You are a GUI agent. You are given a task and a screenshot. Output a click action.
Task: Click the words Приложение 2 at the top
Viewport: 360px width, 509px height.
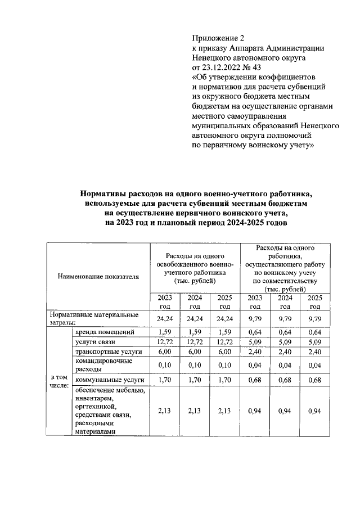coord(218,39)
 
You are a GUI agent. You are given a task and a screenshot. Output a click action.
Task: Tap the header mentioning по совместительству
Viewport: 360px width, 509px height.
coord(285,268)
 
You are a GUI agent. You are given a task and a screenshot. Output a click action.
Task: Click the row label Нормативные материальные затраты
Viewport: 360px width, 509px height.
coord(93,318)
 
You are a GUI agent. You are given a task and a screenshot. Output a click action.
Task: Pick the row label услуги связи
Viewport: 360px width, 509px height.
coord(91,342)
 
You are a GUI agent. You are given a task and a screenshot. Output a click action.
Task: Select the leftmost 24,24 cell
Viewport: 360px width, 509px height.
coord(164,318)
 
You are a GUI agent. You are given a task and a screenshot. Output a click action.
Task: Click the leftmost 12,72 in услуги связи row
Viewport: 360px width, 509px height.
coord(164,342)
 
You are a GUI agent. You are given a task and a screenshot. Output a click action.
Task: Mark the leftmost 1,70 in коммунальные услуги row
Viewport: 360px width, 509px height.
coord(164,380)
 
